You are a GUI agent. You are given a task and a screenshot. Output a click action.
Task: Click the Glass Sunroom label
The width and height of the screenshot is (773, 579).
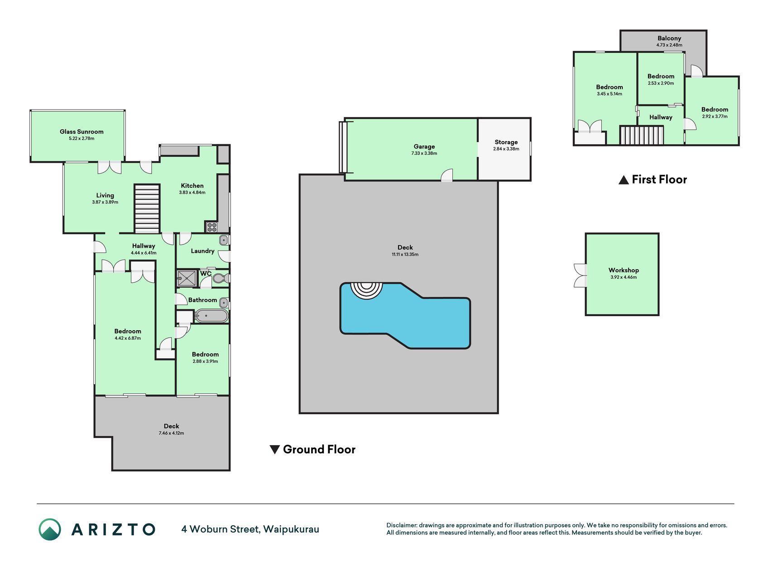click(82, 132)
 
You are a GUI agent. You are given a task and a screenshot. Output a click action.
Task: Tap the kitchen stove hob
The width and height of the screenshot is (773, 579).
click(211, 227)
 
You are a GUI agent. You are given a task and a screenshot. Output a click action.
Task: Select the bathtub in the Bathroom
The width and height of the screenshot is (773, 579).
click(211, 316)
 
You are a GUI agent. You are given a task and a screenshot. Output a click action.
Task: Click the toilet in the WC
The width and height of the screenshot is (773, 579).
click(220, 278)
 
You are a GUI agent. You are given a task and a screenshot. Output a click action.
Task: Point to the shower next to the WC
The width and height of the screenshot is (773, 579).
click(187, 278)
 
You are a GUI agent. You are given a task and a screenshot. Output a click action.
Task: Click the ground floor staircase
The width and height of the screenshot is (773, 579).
click(147, 209)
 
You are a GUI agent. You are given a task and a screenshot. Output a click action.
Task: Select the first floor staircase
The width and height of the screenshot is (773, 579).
click(642, 135)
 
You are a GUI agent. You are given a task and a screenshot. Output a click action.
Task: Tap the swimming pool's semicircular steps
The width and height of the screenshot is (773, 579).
click(367, 290)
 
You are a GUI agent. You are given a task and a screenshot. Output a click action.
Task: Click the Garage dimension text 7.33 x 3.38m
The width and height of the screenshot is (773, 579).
click(424, 153)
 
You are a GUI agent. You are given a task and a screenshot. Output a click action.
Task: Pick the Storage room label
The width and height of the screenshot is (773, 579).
click(506, 142)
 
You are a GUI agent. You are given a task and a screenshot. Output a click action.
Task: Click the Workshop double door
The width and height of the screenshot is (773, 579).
click(580, 276)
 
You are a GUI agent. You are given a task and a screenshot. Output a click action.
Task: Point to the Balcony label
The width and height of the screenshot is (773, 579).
click(669, 38)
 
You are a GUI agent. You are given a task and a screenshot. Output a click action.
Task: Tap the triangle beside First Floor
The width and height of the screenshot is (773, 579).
click(624, 180)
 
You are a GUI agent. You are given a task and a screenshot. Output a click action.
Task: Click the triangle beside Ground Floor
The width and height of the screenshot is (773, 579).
click(274, 450)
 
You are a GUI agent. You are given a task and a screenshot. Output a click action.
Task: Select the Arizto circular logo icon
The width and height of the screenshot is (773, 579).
click(50, 529)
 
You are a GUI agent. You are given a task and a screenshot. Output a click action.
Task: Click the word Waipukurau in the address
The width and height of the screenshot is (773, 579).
click(291, 529)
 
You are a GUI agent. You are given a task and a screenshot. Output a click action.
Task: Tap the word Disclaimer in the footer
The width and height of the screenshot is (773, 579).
click(402, 525)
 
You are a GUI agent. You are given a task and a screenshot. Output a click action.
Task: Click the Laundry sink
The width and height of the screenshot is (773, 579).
click(224, 240)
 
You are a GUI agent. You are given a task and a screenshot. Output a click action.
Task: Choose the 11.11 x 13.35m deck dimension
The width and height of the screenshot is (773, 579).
click(405, 254)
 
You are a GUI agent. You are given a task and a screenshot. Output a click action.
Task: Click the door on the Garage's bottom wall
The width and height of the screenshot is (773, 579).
click(447, 176)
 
